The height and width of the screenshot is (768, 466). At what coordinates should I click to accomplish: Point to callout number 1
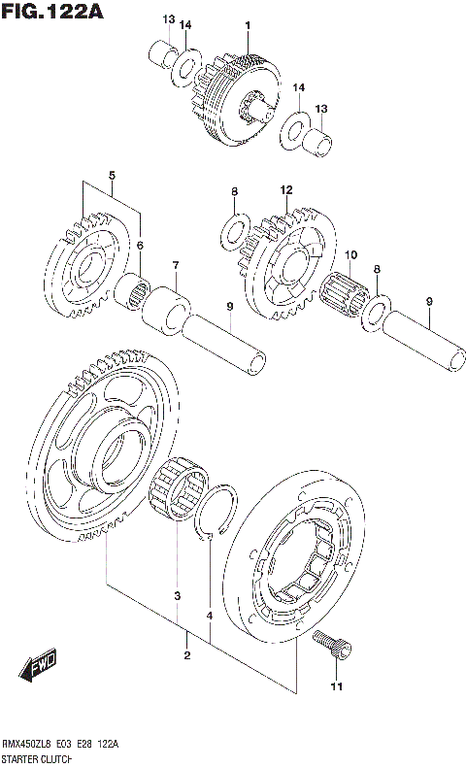coord(249,24)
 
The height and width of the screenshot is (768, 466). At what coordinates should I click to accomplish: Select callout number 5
coord(112,176)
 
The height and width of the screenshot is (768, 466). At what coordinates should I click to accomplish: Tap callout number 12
coord(286,190)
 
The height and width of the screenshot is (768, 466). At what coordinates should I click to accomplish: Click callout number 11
coord(336,688)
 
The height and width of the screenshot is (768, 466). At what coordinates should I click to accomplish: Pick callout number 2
coord(186,656)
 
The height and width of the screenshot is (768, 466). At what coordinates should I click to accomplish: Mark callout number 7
coord(176,265)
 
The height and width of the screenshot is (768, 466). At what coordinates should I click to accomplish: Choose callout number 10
coord(350,255)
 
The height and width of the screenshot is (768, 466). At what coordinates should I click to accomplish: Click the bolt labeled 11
coord(332,644)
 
